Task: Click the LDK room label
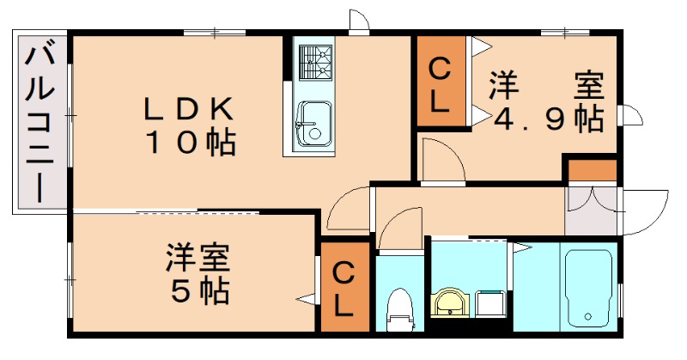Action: click(x=187, y=109)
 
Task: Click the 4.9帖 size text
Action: click(x=547, y=119)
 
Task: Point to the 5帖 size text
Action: click(x=199, y=291)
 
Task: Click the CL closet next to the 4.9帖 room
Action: click(x=439, y=85)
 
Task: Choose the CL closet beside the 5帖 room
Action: click(x=343, y=290)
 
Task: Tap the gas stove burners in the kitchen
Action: click(x=315, y=62)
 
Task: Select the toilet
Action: click(x=399, y=309)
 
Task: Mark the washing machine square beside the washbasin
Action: click(x=490, y=303)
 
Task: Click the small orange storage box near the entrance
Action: click(x=591, y=171)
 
